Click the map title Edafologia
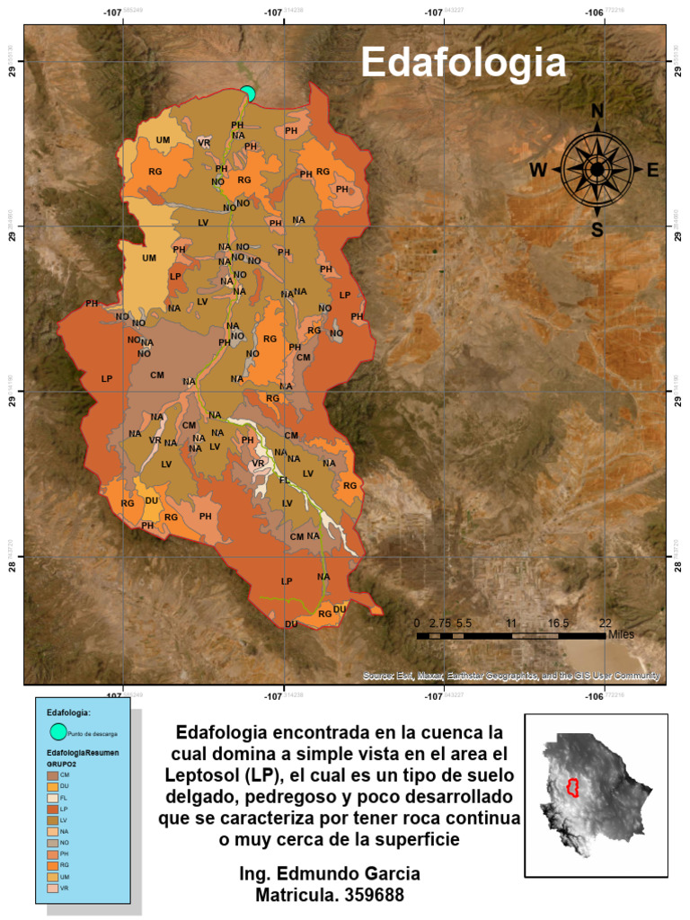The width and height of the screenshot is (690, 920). coord(464,63)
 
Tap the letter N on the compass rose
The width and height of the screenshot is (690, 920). coord(597,111)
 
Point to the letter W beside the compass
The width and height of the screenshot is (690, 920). coord(538,170)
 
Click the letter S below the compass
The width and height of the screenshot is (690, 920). coord(597,229)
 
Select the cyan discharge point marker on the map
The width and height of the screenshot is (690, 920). coord(248,93)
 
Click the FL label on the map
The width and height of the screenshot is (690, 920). coord(284,481)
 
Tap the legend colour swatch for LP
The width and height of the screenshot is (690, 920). coord(52,809)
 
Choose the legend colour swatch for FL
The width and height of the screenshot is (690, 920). coord(52,797)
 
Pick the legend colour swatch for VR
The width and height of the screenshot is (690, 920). coord(52,888)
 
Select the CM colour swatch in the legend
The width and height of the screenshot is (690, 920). coord(52,774)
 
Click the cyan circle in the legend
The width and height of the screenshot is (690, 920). coord(58,732)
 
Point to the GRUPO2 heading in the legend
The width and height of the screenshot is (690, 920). coord(62,761)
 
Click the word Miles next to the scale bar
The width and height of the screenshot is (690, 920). coord(621,634)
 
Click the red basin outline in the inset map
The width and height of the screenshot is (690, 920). coord(570,788)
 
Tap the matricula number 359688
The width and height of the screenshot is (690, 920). coord(367,895)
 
